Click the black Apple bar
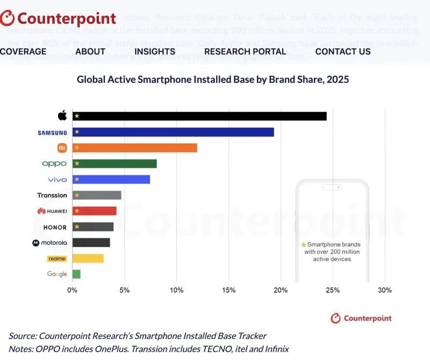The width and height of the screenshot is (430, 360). (x=199, y=116)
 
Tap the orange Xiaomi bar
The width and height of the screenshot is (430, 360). (x=134, y=148)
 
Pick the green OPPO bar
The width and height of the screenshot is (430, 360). (x=114, y=164)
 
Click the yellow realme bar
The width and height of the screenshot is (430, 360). (x=88, y=258)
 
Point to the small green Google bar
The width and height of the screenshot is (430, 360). (x=76, y=274)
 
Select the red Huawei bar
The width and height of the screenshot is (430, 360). (x=95, y=211)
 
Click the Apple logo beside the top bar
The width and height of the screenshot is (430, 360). (x=62, y=116)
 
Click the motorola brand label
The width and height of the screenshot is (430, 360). (x=50, y=243)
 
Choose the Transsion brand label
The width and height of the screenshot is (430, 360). (x=52, y=195)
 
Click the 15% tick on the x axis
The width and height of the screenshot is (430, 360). (x=228, y=290)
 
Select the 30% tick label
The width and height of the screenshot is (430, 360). (x=384, y=290)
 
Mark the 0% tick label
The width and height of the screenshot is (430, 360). (x=72, y=290)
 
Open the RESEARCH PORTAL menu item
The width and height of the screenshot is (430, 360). (x=245, y=52)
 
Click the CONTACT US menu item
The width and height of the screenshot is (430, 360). (x=343, y=52)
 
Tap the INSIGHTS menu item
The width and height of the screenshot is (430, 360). (x=155, y=52)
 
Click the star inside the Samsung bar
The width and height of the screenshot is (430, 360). (x=77, y=132)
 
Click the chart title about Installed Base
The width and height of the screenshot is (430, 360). (x=213, y=80)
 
